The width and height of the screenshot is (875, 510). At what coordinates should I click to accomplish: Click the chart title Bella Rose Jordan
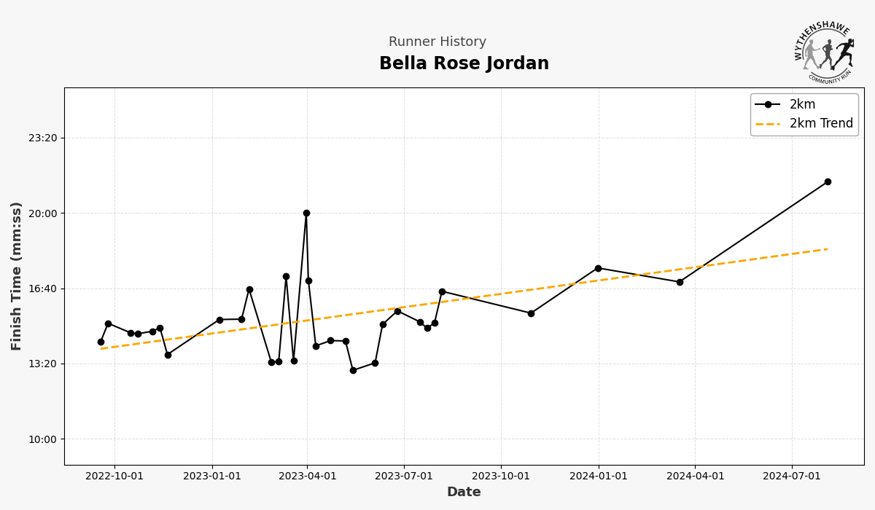point(464,64)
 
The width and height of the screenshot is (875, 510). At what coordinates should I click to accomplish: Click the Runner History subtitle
point(437,42)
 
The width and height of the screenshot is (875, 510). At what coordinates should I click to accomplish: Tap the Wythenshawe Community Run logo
point(824,52)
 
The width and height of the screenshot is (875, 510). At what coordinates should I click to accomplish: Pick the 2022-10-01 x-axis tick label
point(114,476)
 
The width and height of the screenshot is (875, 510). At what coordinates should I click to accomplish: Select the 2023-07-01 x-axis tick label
point(405,476)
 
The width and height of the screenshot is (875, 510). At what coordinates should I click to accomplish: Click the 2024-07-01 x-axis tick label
point(792,476)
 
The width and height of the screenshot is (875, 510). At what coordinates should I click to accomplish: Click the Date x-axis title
point(464,493)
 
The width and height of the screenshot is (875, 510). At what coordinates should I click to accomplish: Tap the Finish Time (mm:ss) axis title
point(17,276)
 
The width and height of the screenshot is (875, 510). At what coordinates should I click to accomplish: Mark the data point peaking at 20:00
point(306,213)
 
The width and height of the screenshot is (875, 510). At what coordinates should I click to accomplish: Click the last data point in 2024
point(828,181)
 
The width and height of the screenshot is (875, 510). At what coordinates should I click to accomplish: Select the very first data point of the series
point(101,342)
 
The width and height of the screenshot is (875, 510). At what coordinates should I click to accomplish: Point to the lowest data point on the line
point(353,370)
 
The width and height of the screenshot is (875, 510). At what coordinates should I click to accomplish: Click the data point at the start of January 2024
point(598,268)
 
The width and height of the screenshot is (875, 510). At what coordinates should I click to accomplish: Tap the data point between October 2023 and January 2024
point(531,313)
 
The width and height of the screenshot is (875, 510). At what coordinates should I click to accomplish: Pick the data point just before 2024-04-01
point(680,282)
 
